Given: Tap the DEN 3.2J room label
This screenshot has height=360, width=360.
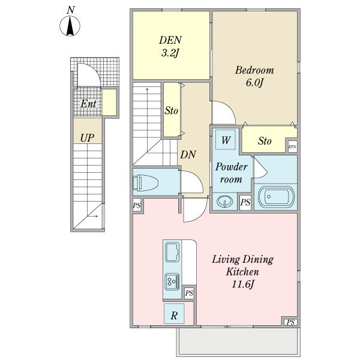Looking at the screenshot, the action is pyautogui.click(x=170, y=47).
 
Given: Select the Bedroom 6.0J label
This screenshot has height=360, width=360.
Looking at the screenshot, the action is pyautogui.click(x=254, y=76).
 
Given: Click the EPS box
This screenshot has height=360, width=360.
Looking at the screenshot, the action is pyautogui.click(x=293, y=147).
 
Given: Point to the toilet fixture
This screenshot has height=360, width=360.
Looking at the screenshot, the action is pyautogui.click(x=146, y=182).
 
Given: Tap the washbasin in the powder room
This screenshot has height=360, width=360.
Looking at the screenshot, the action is pyautogui.click(x=225, y=202).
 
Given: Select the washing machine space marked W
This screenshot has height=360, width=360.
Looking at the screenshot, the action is pyautogui.click(x=226, y=140).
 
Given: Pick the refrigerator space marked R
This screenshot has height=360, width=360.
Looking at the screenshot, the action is pyautogui.click(x=174, y=314).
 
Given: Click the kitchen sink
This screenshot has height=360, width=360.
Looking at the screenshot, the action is pyautogui.click(x=173, y=253).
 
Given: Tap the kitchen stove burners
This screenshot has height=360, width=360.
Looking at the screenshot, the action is pyautogui.click(x=172, y=282).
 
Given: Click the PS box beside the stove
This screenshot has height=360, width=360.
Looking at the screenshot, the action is pyautogui.click(x=189, y=293).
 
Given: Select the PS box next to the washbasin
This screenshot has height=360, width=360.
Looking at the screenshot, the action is pyautogui.click(x=245, y=202).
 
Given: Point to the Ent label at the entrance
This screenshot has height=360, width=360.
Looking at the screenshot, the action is pyautogui.click(x=88, y=104).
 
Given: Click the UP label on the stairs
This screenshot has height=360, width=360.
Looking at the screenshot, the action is pyautogui.click(x=87, y=138).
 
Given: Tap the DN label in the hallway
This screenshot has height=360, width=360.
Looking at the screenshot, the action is pyautogui.click(x=188, y=155).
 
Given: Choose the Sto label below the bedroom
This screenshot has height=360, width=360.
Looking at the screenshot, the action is pyautogui.click(x=265, y=141).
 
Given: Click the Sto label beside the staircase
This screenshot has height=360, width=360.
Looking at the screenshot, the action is pyautogui.click(x=172, y=111).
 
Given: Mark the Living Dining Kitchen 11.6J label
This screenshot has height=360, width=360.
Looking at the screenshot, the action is pyautogui.click(x=242, y=272).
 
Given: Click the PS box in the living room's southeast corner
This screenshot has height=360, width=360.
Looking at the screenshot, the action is pyautogui.click(x=290, y=322).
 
